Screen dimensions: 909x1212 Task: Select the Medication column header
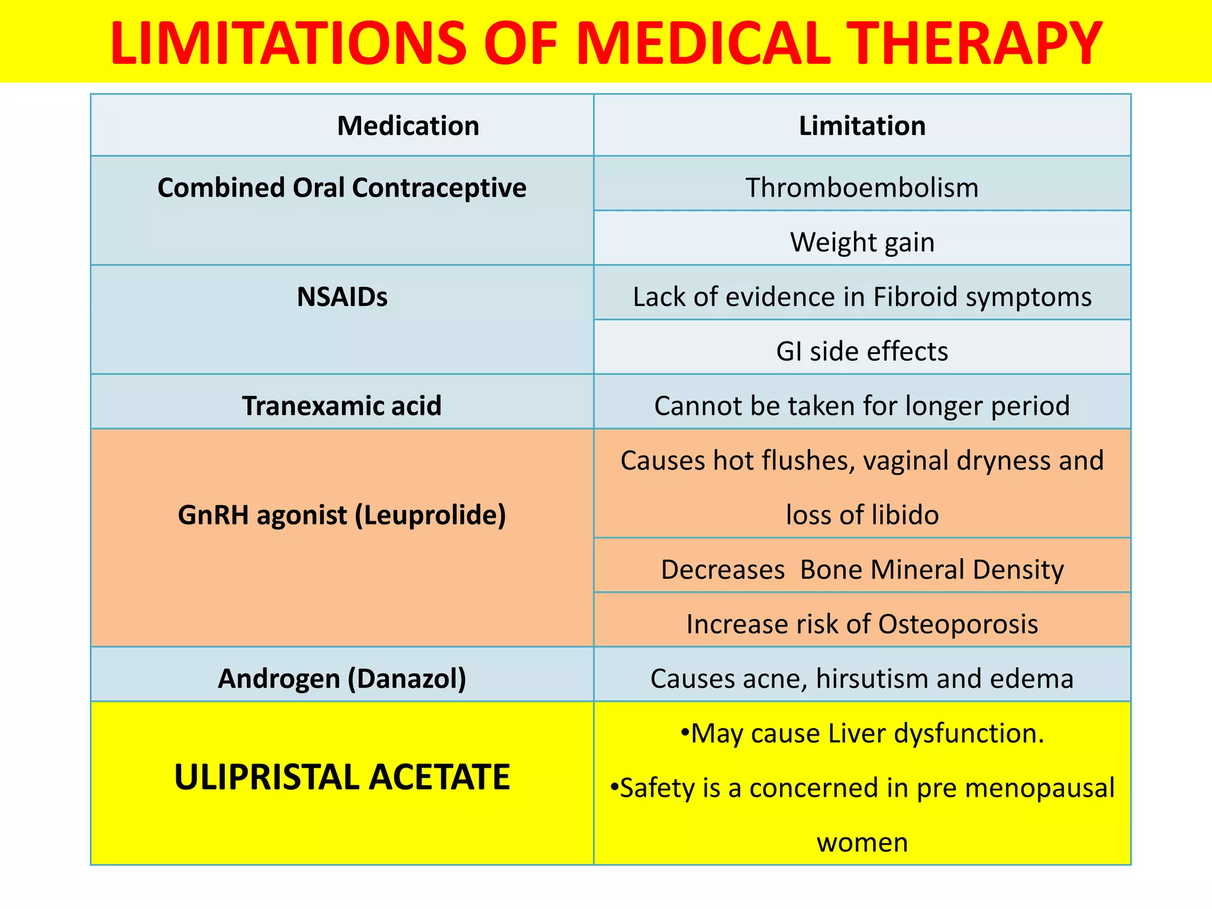408,126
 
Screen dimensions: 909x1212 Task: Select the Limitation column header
862,126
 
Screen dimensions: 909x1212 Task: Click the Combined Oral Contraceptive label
341,188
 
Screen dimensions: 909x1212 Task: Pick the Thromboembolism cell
862,188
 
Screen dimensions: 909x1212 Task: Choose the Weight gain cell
862,243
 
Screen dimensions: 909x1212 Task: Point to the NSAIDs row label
341,297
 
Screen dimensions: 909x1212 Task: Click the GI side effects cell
862,352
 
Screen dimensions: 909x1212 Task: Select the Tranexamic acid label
341,406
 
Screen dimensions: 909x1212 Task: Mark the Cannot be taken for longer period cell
862,406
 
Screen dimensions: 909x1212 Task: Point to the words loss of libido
862,515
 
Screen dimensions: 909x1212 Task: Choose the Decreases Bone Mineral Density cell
862,569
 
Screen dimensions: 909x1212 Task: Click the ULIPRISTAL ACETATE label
341,777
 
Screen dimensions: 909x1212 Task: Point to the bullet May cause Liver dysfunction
862,734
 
